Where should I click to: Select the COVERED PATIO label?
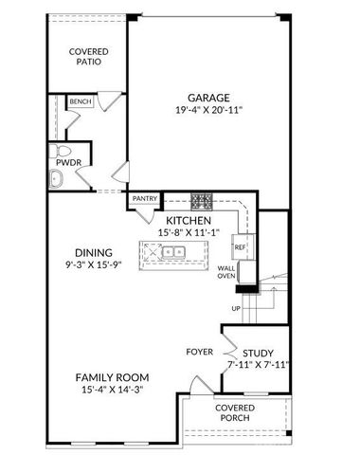coord(86,56)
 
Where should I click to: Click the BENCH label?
coord(81,101)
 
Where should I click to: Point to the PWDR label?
coord(64,176)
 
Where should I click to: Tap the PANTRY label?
coord(144,199)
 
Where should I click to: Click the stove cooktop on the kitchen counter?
coord(201,201)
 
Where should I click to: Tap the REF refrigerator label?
coord(240,247)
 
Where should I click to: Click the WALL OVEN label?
coord(227,273)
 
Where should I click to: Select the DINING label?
coord(95,252)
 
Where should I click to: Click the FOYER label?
coord(199,352)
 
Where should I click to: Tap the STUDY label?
coord(258,352)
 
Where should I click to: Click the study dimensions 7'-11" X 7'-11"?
coord(258,364)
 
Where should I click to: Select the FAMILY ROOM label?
coord(112,377)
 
